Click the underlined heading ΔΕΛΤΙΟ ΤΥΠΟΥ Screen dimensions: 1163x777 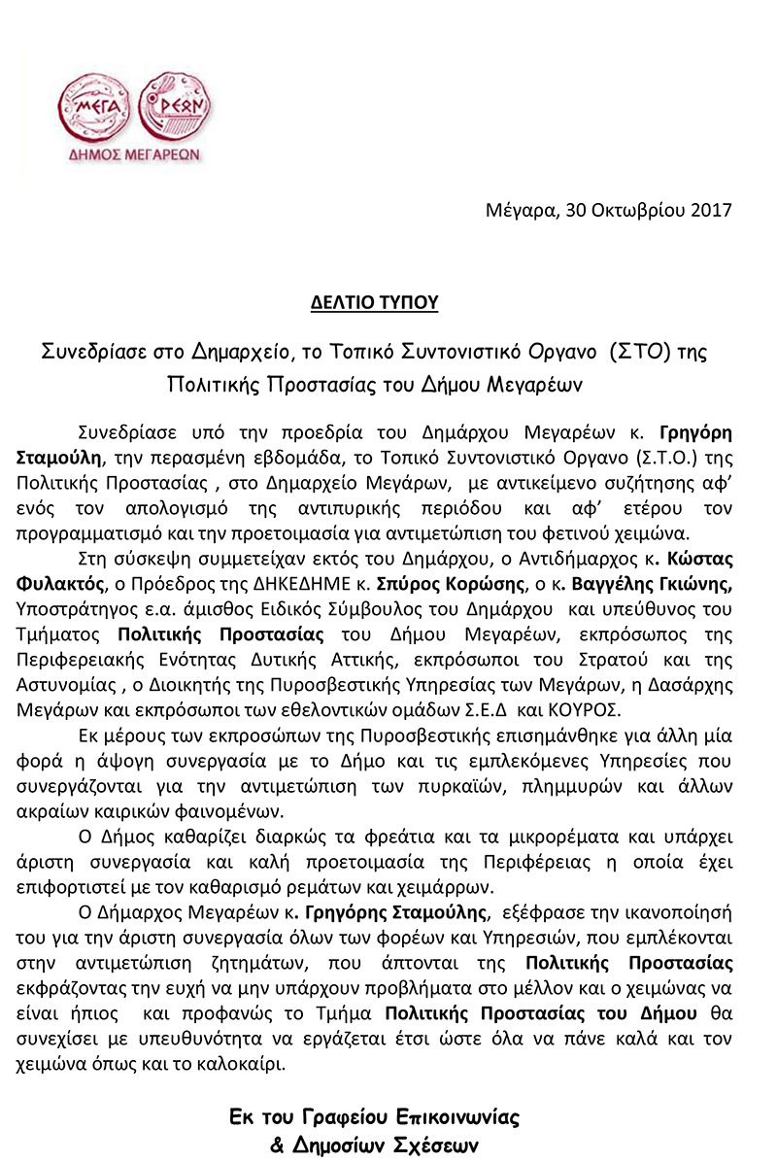375,302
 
